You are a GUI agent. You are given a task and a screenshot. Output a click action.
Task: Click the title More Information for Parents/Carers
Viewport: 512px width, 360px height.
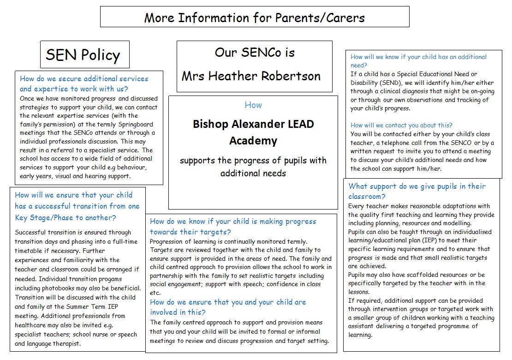254,18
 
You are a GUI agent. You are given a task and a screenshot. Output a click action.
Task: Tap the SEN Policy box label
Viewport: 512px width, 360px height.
83,55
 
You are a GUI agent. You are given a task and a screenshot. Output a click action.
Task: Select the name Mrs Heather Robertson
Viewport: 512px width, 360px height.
251,76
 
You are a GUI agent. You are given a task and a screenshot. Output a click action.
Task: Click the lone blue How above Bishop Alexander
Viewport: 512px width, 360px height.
253,105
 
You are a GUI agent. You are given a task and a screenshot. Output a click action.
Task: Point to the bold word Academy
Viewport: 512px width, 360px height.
253,141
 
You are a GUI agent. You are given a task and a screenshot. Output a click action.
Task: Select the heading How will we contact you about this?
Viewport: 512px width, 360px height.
401,125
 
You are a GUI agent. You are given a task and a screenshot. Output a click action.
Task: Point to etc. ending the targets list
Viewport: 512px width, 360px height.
155,293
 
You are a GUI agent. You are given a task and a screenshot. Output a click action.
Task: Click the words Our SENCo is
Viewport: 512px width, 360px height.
254,52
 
